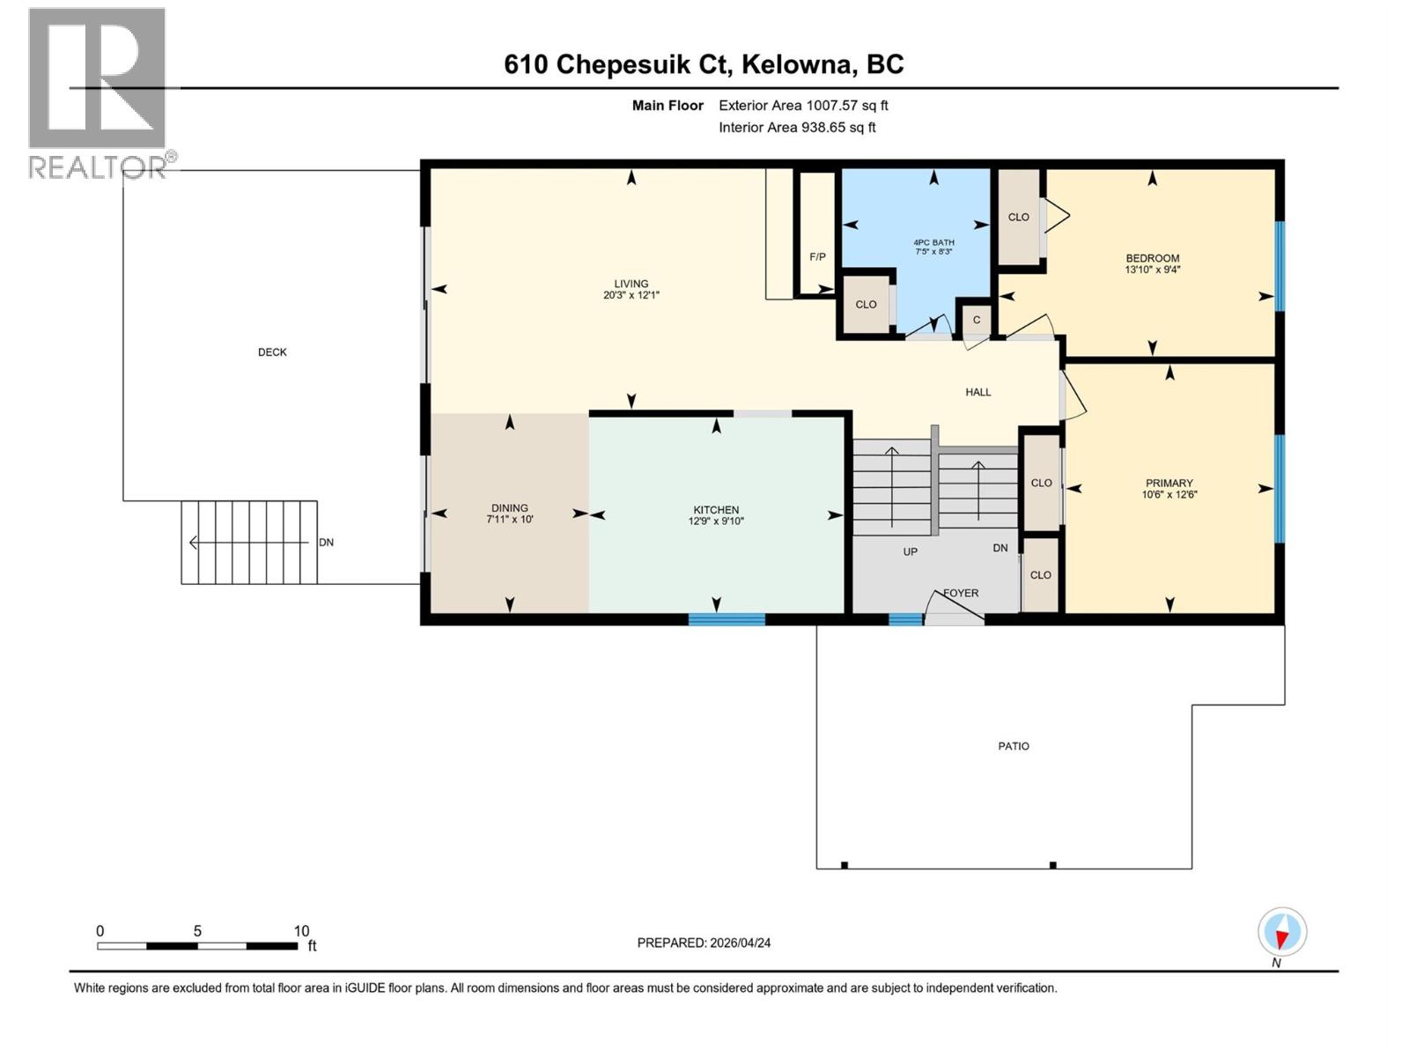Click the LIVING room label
point(631,284)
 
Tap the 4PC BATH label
point(933,242)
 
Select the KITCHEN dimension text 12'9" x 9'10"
point(716,521)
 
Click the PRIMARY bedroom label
point(1169,483)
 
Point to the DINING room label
point(509,508)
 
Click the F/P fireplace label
point(817,257)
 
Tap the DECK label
point(272,352)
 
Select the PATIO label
point(1013,746)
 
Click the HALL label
point(977,392)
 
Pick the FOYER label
point(961,593)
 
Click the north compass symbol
point(1282,932)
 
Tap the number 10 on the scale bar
point(301,931)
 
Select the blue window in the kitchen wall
point(726,619)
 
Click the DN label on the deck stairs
point(326,543)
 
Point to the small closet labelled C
point(976,320)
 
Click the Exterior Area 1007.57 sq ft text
point(802,106)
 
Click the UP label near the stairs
point(910,551)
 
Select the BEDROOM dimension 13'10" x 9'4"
point(1152,270)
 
